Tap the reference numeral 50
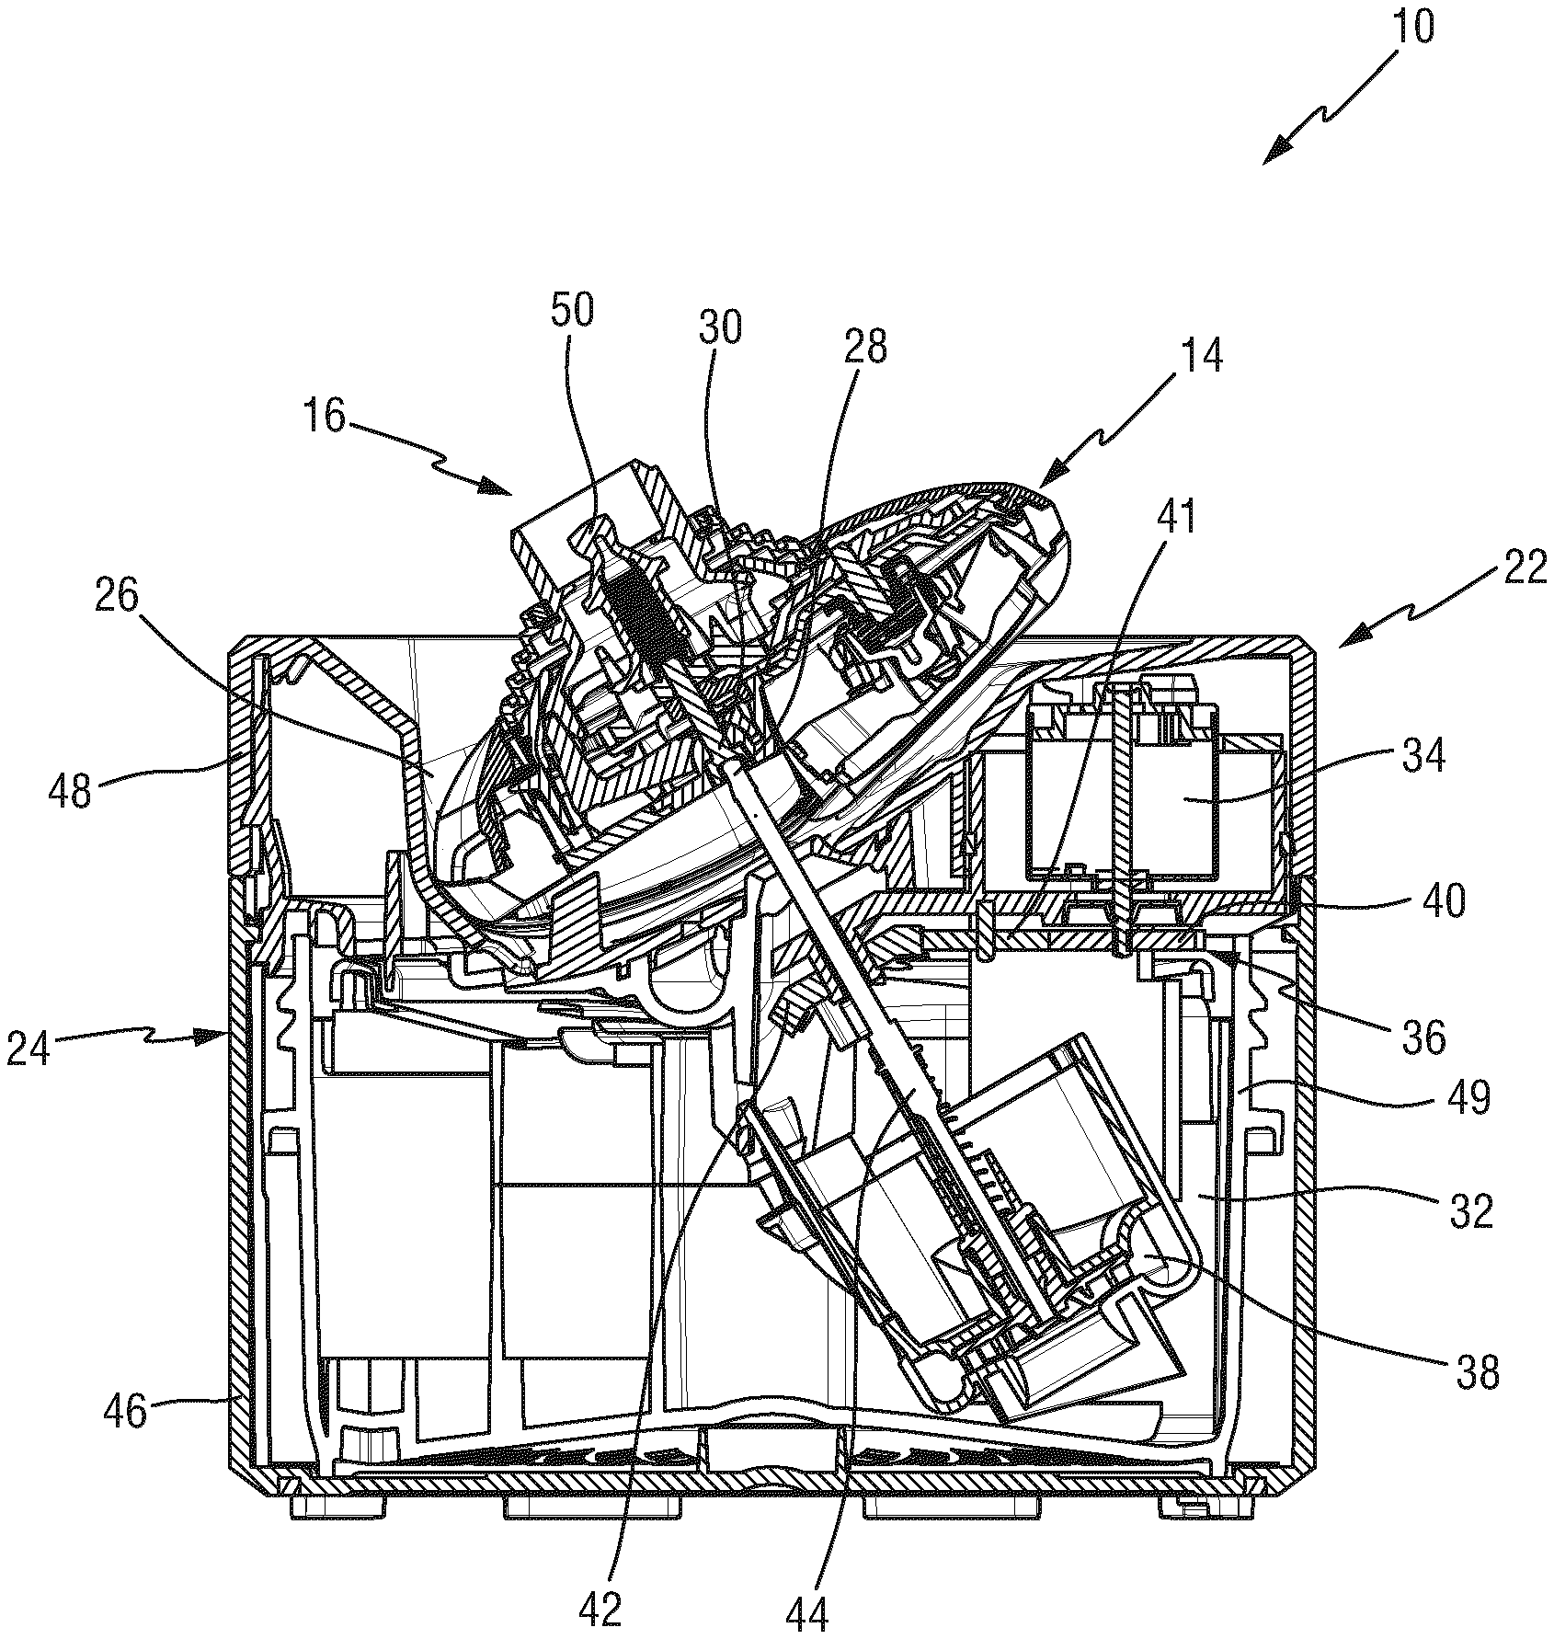(573, 312)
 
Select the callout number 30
(719, 328)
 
